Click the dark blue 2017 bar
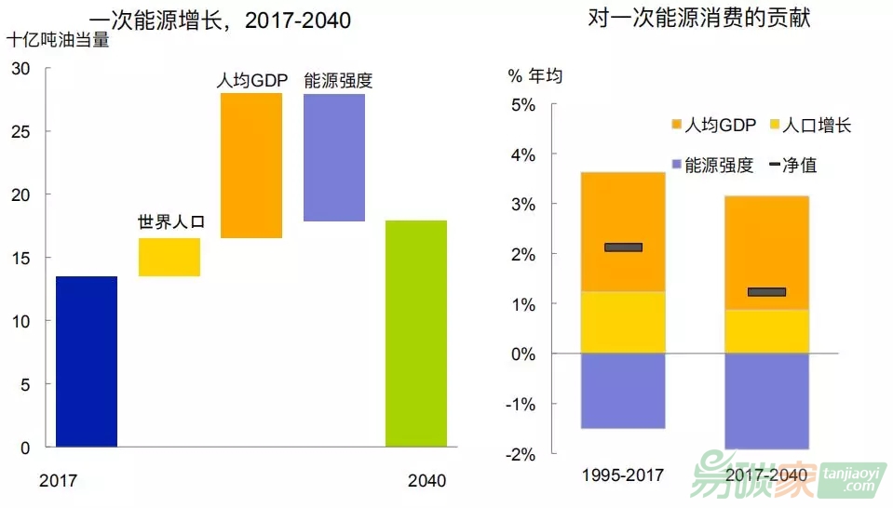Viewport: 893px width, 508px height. click(x=87, y=361)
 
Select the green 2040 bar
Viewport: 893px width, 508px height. click(x=416, y=333)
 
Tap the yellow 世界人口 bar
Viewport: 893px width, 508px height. click(x=169, y=257)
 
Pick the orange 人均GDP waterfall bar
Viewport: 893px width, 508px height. click(x=251, y=166)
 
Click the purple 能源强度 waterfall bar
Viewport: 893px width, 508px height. click(x=334, y=157)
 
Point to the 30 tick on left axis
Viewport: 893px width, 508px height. click(x=21, y=68)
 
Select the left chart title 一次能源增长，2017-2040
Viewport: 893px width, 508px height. click(x=220, y=20)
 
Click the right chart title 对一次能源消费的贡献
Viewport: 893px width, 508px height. click(x=699, y=18)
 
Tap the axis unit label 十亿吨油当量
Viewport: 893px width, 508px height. click(x=58, y=41)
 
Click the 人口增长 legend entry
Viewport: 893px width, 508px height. click(x=808, y=125)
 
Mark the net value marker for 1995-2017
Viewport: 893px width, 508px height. click(x=623, y=247)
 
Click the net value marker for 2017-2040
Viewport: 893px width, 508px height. click(x=766, y=292)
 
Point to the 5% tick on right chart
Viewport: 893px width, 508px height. click(x=521, y=104)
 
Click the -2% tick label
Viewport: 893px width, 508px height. click(x=520, y=454)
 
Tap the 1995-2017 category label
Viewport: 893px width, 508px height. click(x=622, y=475)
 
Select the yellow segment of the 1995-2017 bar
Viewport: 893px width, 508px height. click(x=623, y=322)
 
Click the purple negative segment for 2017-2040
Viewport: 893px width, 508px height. click(x=766, y=400)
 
